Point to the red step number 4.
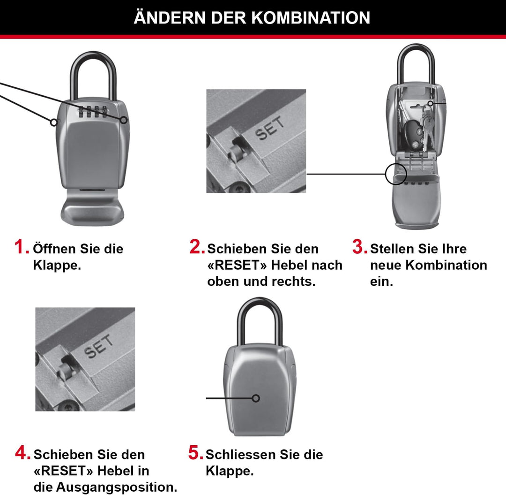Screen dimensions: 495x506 (22, 453)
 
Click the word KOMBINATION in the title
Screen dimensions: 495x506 (311, 18)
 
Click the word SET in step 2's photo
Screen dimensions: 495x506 (270, 128)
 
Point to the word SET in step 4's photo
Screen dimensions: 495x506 (99, 346)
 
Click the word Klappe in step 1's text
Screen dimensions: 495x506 (56, 265)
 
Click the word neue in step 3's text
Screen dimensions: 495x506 (385, 265)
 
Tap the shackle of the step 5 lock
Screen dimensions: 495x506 (259, 319)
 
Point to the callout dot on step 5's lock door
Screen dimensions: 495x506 (256, 398)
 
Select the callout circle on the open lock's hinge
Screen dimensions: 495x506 (396, 174)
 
